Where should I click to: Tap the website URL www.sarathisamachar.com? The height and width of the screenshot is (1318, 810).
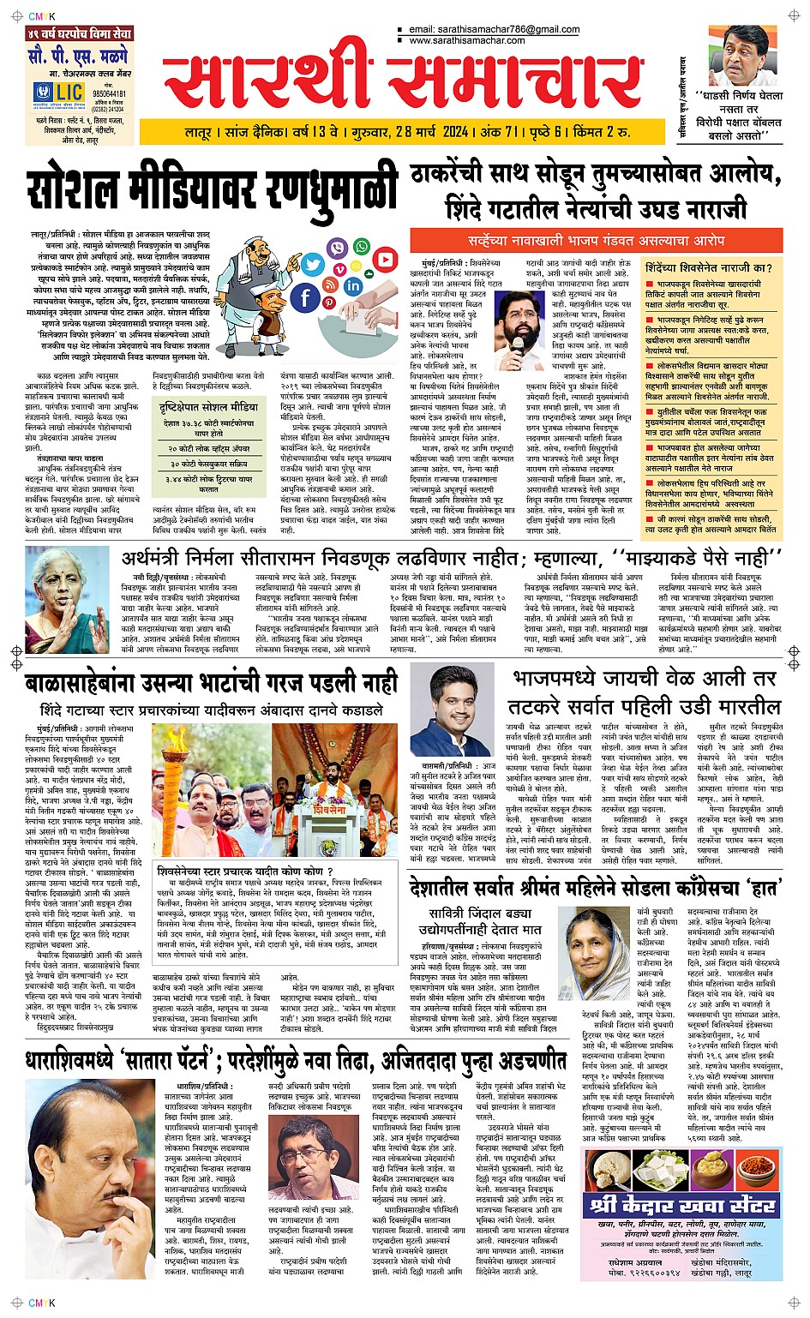[480, 39]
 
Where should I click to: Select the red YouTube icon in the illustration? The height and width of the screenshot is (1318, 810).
[385, 259]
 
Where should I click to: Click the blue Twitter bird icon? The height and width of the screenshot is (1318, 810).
[311, 266]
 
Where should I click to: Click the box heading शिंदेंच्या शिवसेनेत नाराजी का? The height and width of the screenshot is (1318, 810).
[710, 267]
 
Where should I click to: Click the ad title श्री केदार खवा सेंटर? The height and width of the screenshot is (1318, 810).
[671, 1206]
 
